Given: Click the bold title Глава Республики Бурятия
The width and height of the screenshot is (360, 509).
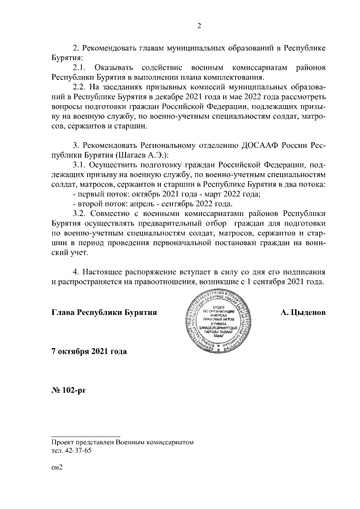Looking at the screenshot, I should coord(103,311).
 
